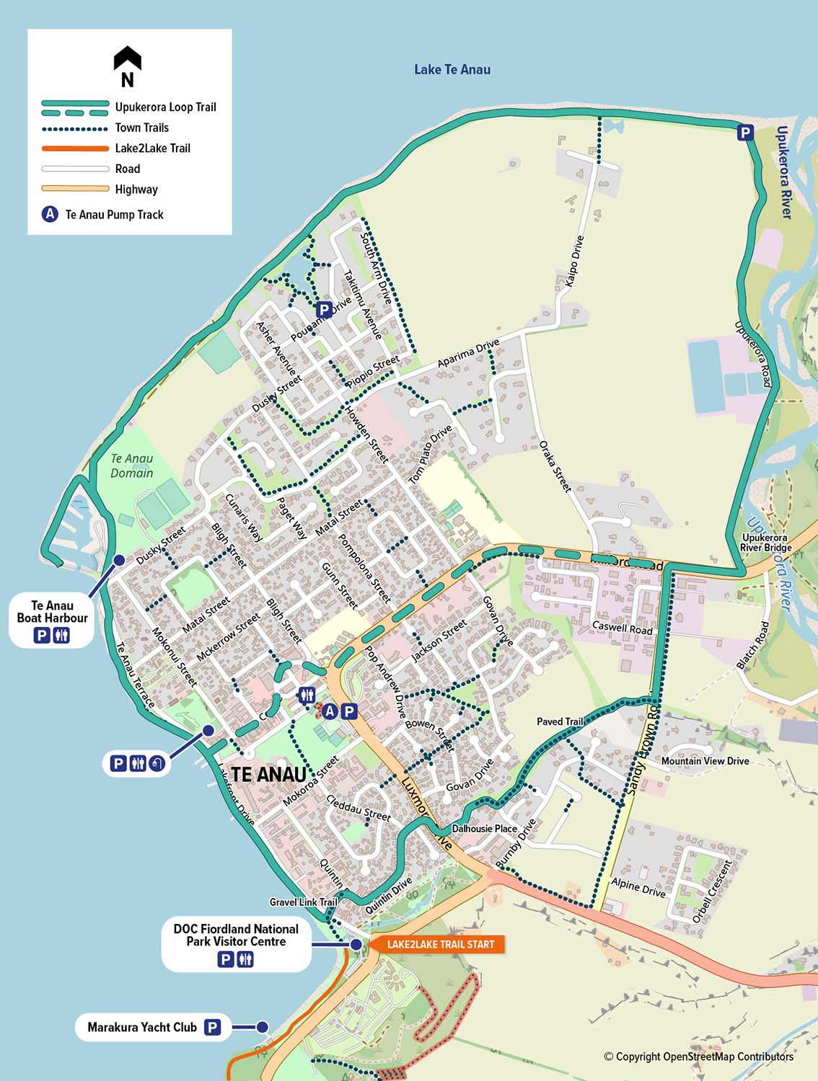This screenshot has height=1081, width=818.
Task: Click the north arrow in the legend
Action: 128,66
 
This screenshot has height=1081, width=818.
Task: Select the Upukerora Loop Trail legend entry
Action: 165,107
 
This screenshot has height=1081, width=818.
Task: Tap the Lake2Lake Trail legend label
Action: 152,148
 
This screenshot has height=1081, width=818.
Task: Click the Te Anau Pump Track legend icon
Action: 50,214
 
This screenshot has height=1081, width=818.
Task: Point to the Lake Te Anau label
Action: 452,70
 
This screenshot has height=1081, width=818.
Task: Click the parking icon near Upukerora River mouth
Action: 745,133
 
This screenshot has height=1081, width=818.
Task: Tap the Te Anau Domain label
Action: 132,466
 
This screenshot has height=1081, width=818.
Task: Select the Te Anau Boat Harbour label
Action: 52,612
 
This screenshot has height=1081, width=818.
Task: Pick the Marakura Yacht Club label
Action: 142,1027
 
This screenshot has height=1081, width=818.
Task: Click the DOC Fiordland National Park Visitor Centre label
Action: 236,935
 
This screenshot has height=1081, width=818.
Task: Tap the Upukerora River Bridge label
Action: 765,543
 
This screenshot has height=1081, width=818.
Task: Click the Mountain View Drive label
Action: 705,761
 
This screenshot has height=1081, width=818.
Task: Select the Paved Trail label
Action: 560,721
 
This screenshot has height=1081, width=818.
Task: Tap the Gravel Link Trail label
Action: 303,902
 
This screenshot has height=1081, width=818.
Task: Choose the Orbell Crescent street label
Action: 712,890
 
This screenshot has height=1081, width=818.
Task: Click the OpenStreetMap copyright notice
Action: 698,1056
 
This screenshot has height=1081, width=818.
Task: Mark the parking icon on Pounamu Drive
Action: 325,309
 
